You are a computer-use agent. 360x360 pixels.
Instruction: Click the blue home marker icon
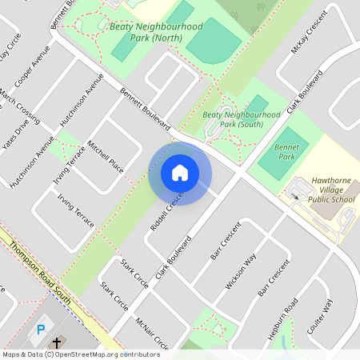tap(180, 174)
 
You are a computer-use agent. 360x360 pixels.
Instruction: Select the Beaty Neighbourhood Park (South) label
tap(242, 120)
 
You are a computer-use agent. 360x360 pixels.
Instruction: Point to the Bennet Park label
tap(286, 153)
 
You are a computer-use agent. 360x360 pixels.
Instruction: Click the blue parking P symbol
tap(41, 329)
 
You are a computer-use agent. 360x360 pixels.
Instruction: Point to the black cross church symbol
tap(57, 342)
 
